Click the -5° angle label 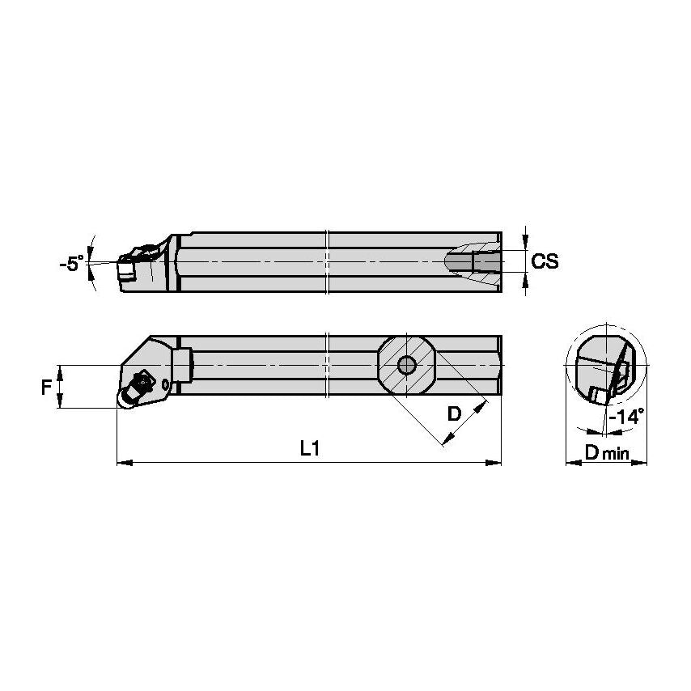tap(72, 263)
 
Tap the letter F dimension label tap(46, 387)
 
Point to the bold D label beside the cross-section tap(454, 413)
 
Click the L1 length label tap(309, 449)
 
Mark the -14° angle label tap(626, 417)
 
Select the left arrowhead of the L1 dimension tap(122, 463)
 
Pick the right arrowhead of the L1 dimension tap(496, 463)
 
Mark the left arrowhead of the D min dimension tap(570, 464)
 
